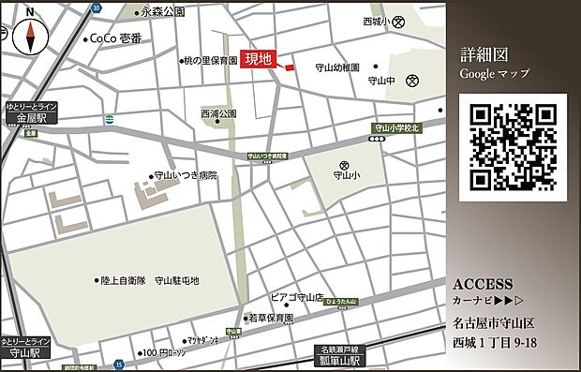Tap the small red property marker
coord(289,67)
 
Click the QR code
coord(513,147)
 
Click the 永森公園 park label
coord(163,12)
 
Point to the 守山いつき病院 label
coord(186,175)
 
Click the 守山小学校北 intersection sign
coord(398,126)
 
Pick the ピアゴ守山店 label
coord(303,297)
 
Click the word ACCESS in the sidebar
coord(483,283)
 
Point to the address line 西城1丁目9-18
coord(495,343)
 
